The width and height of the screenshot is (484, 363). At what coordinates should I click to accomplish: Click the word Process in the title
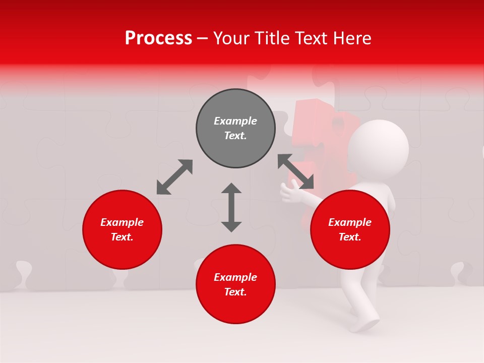pos(158,38)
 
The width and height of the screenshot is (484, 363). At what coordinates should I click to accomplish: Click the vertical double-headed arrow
pos(231,207)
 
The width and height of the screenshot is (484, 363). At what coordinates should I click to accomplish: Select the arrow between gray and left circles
pos(174,177)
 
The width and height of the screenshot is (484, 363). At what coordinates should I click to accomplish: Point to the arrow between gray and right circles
pos(295,172)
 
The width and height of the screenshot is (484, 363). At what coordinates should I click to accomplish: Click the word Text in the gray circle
pos(235,136)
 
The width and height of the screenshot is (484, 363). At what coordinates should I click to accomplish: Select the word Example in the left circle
pos(122,222)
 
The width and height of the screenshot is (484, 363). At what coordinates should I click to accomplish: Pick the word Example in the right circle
pos(350,222)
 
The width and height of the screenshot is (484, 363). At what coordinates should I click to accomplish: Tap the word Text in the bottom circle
pos(235,292)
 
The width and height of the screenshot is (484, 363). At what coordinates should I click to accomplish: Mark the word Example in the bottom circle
pos(235,277)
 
